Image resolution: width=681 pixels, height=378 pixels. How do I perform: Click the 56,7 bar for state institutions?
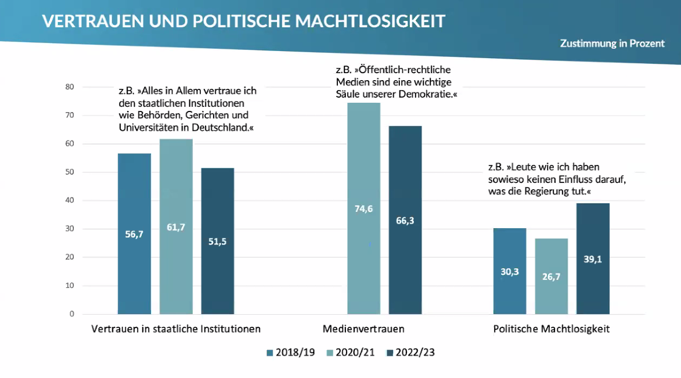click(x=134, y=233)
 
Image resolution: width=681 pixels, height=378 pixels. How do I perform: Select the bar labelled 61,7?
click(x=176, y=226)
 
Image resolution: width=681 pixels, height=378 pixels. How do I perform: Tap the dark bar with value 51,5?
click(x=218, y=241)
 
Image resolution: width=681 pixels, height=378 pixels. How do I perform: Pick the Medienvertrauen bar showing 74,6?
click(x=363, y=208)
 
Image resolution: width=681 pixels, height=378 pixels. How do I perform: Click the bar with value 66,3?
click(x=405, y=220)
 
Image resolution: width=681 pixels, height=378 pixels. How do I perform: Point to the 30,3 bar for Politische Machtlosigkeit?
click(x=509, y=271)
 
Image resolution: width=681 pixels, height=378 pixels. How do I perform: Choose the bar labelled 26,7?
click(x=551, y=276)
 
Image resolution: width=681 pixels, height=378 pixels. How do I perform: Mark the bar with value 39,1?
click(x=593, y=259)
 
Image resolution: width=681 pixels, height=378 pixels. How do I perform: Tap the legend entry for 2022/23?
click(x=410, y=352)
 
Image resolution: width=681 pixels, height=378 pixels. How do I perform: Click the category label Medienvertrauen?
click(x=363, y=329)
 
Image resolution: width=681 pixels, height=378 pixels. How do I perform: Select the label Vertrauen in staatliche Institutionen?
click(x=176, y=329)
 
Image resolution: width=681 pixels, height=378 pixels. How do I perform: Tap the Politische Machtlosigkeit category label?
click(x=551, y=329)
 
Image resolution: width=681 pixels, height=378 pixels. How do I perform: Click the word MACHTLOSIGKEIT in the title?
click(x=370, y=21)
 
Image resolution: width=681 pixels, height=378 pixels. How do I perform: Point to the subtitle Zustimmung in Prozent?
click(x=612, y=44)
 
